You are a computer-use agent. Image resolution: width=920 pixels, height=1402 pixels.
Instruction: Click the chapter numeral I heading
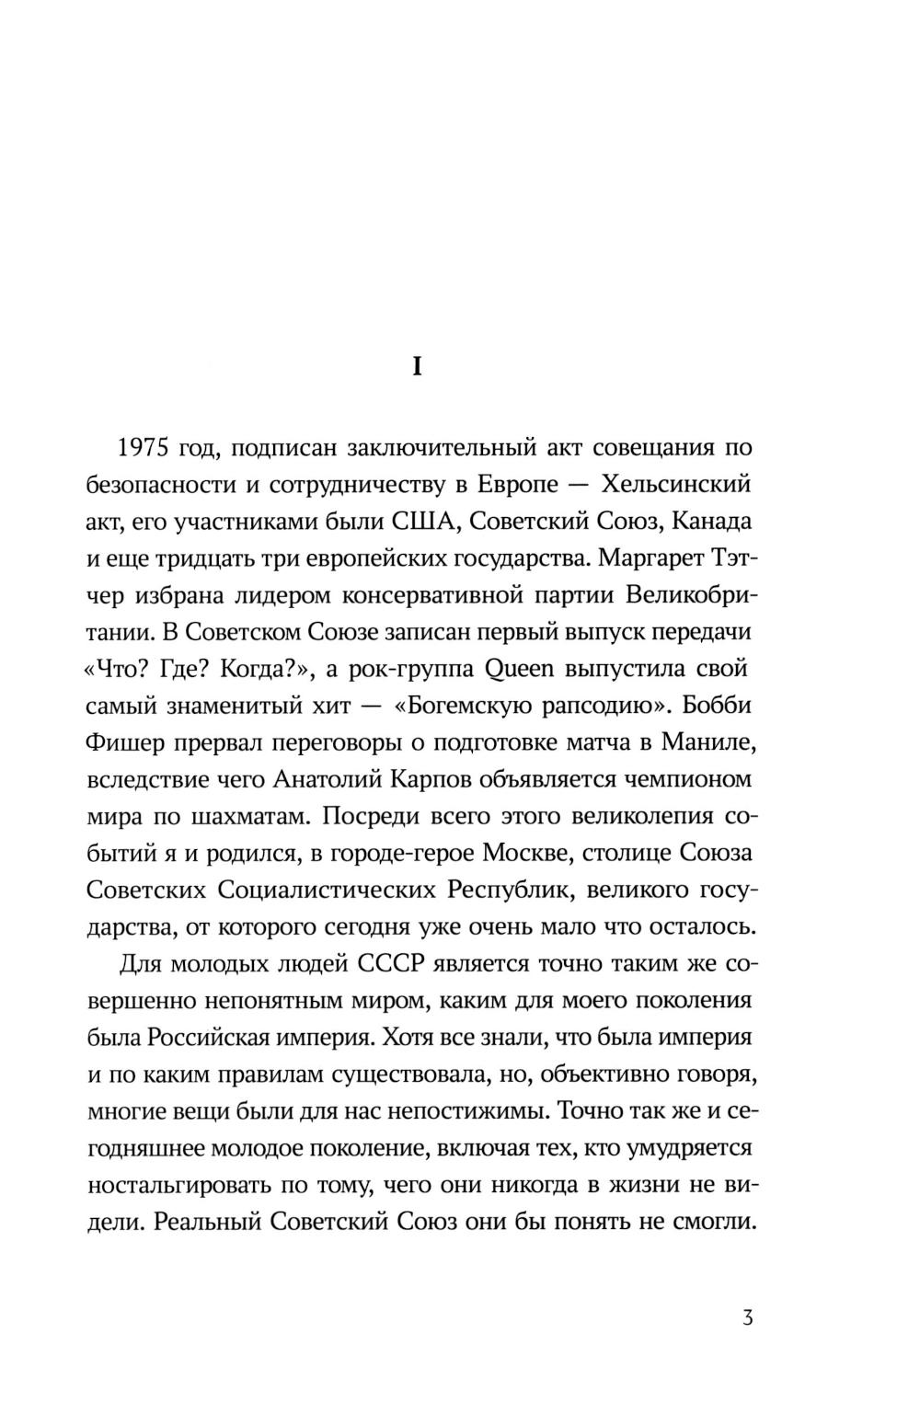[x=417, y=367]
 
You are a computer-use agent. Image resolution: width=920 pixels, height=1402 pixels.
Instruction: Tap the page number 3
[x=747, y=1318]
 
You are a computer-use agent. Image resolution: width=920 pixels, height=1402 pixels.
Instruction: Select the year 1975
[x=144, y=449]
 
